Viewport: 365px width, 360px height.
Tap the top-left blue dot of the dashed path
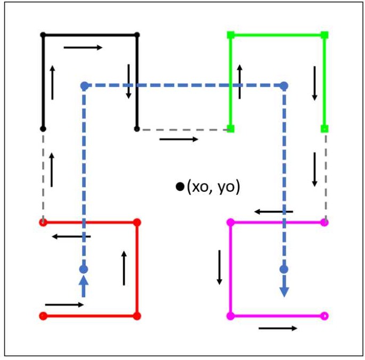click(x=84, y=85)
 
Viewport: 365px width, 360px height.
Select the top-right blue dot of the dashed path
click(x=284, y=85)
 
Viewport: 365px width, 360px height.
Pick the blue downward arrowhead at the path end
click(x=284, y=291)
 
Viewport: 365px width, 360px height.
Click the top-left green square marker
click(x=231, y=35)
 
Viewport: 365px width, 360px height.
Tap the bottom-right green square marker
click(x=325, y=128)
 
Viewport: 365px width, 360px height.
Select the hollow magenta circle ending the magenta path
click(x=325, y=316)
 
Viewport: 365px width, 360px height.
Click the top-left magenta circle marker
click(x=231, y=222)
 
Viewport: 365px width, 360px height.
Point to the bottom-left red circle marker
click(x=43, y=316)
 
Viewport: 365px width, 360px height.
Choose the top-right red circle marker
click(x=137, y=222)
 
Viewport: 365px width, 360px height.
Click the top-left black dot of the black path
click(x=43, y=35)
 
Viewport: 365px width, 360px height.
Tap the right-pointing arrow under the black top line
click(x=83, y=47)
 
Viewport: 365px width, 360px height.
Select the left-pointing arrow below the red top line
click(x=71, y=236)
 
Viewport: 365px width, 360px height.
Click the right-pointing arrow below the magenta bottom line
click(x=278, y=328)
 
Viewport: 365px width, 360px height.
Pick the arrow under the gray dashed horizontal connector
click(x=179, y=140)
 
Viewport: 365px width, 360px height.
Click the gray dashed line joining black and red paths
click(x=43, y=176)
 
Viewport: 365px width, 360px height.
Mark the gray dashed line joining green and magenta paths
click(x=325, y=176)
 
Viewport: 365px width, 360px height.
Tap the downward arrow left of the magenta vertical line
click(x=219, y=267)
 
